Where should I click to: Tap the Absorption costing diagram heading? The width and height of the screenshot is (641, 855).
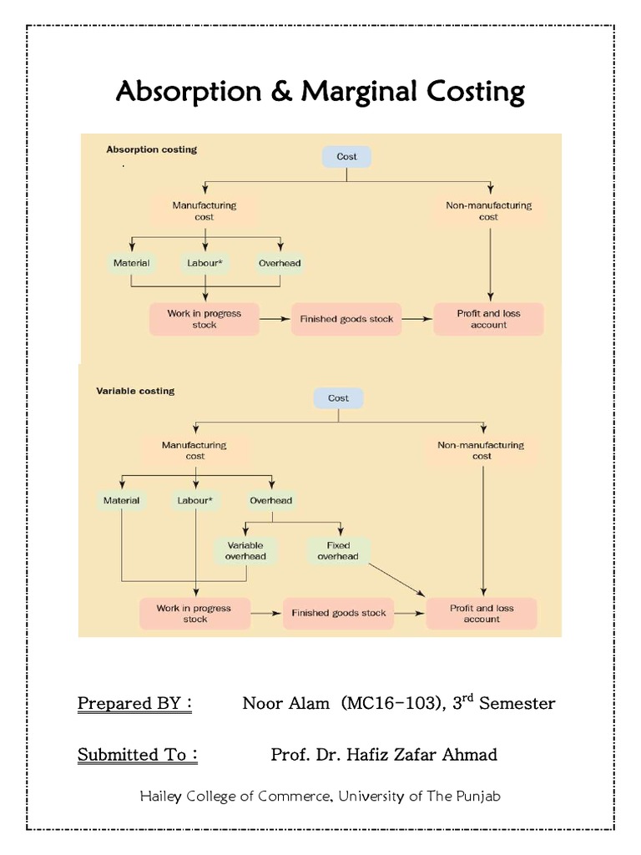(152, 150)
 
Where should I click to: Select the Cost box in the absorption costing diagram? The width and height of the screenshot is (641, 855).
(346, 157)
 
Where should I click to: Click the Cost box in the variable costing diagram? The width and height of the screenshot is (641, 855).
(338, 398)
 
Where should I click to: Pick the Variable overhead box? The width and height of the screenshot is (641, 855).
(245, 551)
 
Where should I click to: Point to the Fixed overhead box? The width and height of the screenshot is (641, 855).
(338, 551)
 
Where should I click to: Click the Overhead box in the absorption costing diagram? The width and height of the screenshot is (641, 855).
(280, 263)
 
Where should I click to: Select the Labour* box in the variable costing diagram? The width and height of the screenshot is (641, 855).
(194, 501)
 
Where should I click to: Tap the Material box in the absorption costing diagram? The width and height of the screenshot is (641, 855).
(131, 263)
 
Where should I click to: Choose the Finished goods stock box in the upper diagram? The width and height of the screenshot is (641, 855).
(346, 319)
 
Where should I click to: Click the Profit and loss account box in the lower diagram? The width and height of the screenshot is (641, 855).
(482, 614)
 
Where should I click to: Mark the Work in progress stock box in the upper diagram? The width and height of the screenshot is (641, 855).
(204, 319)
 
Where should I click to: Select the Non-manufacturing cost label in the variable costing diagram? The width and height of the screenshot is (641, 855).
(482, 451)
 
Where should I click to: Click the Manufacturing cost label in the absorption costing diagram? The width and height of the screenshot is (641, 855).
(204, 210)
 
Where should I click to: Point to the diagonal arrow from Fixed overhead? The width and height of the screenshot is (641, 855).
(396, 581)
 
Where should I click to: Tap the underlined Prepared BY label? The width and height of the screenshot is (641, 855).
(134, 703)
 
